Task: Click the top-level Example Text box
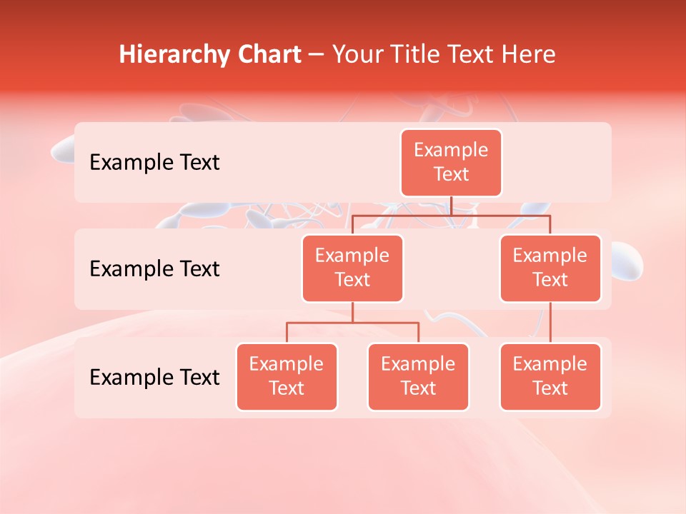tap(451, 163)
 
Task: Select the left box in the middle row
tap(352, 268)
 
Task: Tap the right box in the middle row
tap(550, 268)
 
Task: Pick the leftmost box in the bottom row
tap(287, 377)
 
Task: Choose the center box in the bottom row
tap(418, 377)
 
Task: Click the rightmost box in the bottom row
tap(550, 377)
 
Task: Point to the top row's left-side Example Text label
tap(154, 163)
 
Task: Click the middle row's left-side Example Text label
tap(154, 269)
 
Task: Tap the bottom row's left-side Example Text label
tap(154, 378)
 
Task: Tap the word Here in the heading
tap(529, 54)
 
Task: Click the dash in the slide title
tap(316, 55)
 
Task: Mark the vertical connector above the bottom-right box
tap(550, 323)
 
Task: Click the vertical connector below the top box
tap(451, 206)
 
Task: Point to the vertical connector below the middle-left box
tap(352, 313)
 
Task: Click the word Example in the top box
tap(451, 151)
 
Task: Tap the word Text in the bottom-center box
tap(418, 389)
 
